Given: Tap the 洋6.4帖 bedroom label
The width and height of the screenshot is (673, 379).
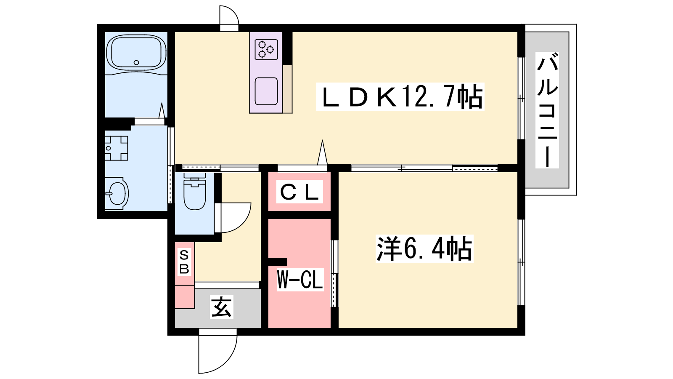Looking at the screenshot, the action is (x=424, y=248).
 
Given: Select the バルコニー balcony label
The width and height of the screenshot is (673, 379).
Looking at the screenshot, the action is (x=547, y=110).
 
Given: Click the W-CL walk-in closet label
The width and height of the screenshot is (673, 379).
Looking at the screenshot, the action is (x=300, y=280).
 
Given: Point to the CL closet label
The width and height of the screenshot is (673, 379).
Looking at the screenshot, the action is (x=299, y=192).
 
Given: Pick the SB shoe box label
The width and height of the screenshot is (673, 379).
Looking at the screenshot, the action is (x=184, y=262).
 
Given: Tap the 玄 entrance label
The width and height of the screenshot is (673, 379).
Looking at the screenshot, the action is (x=221, y=307).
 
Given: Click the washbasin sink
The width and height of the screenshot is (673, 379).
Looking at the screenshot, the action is (x=117, y=193).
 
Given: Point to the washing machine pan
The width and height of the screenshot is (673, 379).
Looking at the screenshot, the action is (x=116, y=148).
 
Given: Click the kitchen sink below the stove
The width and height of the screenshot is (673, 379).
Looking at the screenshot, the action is (x=266, y=91).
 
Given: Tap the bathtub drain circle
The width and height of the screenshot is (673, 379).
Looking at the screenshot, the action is (x=136, y=63).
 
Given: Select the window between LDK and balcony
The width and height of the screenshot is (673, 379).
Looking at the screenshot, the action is (x=521, y=99).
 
